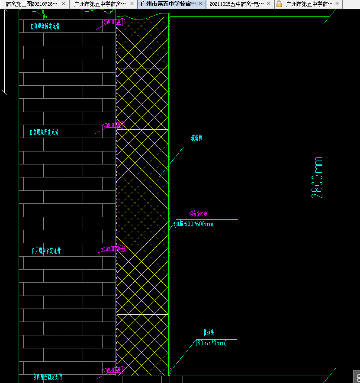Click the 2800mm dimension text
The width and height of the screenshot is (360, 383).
click(318, 178)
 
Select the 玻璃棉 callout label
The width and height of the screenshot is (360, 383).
click(197, 138)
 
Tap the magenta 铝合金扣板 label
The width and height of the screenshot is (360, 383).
click(199, 214)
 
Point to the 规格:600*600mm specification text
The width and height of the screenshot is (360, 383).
click(194, 224)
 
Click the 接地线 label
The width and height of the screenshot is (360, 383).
click(209, 333)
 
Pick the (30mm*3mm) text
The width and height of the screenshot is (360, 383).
click(211, 343)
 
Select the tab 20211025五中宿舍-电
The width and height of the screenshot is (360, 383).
click(236, 4)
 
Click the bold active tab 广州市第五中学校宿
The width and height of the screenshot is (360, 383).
click(168, 4)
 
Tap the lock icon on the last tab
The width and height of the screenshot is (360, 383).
click(279, 4)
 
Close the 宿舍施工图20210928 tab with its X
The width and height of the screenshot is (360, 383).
click(64, 4)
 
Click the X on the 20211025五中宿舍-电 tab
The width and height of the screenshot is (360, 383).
click(268, 4)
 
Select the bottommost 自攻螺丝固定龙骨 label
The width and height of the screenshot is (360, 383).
click(48, 377)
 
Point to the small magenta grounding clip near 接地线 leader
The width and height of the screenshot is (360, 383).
click(170, 371)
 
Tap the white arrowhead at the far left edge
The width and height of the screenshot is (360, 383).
click(4, 92)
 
